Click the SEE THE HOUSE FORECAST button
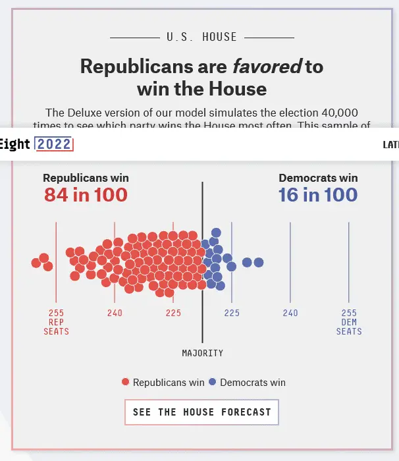tap(201, 412)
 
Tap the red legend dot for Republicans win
tap(126, 383)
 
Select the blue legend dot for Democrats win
tap(213, 383)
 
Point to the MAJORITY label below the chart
tap(202, 353)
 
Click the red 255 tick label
tap(56, 313)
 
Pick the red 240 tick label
tap(115, 313)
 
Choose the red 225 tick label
tap(173, 313)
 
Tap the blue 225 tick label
tap(232, 313)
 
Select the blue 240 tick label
tap(290, 313)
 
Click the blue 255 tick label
tap(349, 313)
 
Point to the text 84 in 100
tap(86, 195)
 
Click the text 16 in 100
tap(318, 195)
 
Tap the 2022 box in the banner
tap(54, 144)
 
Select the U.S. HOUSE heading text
tap(201, 37)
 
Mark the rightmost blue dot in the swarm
tap(259, 263)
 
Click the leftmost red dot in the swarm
tap(36, 263)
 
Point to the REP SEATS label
tap(56, 327)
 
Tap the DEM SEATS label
tap(349, 327)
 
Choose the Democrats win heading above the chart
tap(318, 178)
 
